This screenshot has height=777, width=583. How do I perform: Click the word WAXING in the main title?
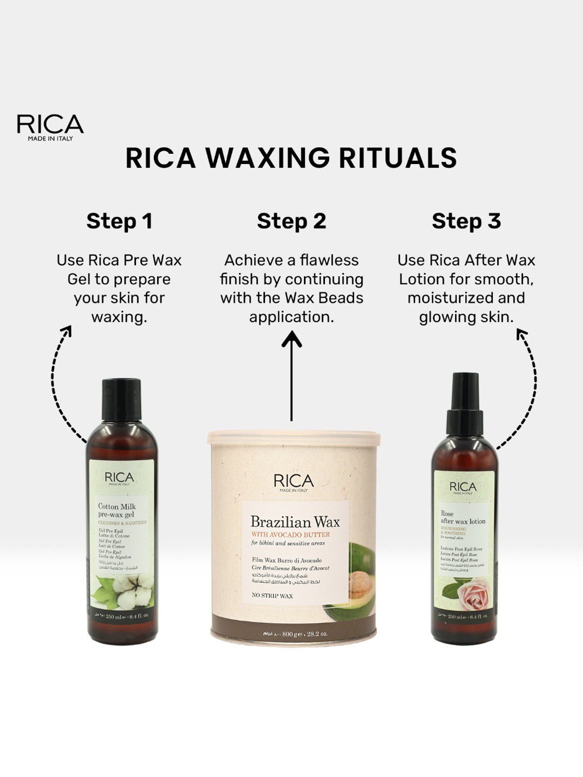click(267, 158)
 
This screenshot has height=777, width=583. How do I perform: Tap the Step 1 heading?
click(119, 221)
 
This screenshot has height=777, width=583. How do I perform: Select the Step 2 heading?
click(291, 221)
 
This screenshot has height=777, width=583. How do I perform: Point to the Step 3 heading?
click(466, 221)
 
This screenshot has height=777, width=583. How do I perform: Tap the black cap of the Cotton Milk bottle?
click(121, 399)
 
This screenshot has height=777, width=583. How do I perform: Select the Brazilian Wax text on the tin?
click(295, 522)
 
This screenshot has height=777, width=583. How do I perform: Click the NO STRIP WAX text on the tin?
click(272, 596)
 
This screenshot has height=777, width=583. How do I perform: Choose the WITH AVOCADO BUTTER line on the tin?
click(290, 535)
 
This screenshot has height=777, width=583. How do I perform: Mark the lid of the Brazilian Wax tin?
click(293, 437)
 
